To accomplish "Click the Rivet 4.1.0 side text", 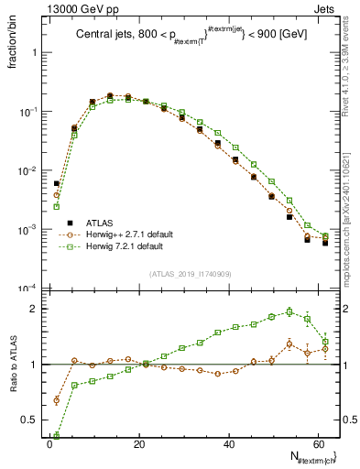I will [x=348, y=55].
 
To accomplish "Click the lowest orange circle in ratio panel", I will [x=57, y=400].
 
